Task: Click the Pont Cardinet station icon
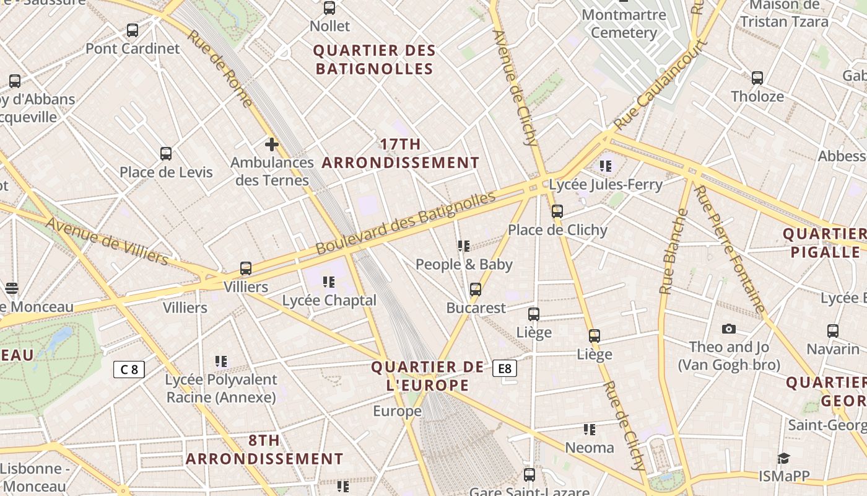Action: [132, 30]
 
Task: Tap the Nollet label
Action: [329, 26]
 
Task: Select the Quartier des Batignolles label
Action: [374, 60]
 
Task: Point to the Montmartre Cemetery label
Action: [624, 24]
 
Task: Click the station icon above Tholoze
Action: [757, 78]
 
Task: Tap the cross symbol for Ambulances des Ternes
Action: [271, 144]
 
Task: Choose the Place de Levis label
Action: [166, 172]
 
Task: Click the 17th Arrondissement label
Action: [400, 154]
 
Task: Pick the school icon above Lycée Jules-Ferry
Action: [605, 166]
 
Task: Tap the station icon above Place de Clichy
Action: [557, 211]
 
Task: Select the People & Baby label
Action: [464, 264]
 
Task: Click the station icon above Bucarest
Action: [476, 290]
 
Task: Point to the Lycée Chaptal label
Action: [329, 300]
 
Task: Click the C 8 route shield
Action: [129, 370]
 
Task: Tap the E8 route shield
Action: [505, 369]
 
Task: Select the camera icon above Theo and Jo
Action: [728, 329]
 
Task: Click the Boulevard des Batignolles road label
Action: [406, 223]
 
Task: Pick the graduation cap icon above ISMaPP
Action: [783, 458]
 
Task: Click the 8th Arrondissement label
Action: [264, 450]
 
